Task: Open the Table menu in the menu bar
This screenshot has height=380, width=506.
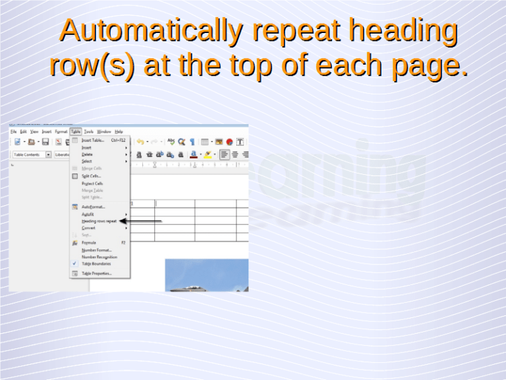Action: click(x=76, y=131)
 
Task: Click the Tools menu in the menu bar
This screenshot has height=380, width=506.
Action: click(x=89, y=131)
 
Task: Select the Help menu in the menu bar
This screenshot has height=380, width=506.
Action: click(x=119, y=131)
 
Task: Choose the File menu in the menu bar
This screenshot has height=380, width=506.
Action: click(x=13, y=131)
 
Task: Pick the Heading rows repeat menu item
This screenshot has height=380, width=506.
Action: click(x=99, y=221)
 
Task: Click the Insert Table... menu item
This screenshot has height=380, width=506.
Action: click(x=93, y=140)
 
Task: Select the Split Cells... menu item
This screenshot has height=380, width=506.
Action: click(x=92, y=176)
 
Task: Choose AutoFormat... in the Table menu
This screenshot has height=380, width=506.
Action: click(x=93, y=206)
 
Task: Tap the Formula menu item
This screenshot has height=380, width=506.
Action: click(x=89, y=243)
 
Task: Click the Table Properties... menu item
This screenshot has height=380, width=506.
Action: click(x=97, y=273)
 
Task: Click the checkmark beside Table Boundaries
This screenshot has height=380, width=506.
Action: click(x=74, y=263)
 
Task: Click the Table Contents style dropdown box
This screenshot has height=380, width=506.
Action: click(x=29, y=154)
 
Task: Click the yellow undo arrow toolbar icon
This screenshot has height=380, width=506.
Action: click(x=140, y=141)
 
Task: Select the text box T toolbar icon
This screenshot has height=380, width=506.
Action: click(x=240, y=141)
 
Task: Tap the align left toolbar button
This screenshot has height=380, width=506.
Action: click(x=225, y=154)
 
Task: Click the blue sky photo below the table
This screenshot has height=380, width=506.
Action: click(x=206, y=275)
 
